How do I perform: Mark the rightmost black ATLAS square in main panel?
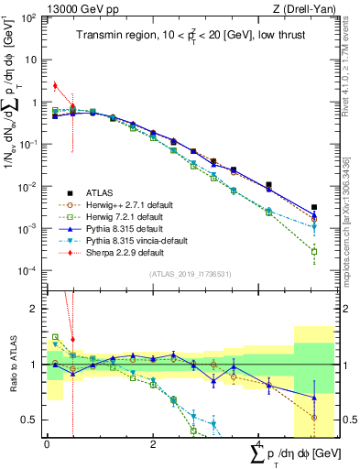[x=314, y=208]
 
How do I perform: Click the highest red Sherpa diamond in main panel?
[x=55, y=86]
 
